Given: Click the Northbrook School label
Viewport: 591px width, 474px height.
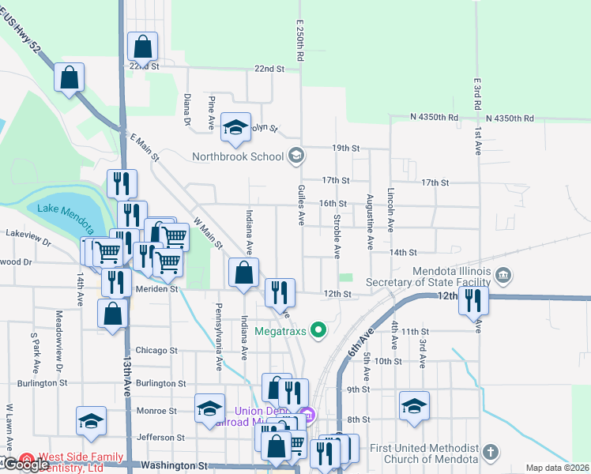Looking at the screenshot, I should (x=238, y=156).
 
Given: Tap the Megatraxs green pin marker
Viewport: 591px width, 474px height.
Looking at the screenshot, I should (x=318, y=329).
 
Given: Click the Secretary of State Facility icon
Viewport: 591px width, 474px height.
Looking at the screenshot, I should (x=504, y=275).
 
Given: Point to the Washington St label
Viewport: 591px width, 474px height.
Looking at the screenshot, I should (x=174, y=466).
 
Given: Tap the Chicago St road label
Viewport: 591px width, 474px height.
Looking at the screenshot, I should (x=156, y=350).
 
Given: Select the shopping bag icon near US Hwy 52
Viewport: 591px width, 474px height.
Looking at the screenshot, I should (x=70, y=77).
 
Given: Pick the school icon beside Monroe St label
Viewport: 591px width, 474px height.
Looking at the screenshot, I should (x=209, y=408).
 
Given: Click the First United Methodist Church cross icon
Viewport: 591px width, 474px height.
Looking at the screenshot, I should (x=490, y=453).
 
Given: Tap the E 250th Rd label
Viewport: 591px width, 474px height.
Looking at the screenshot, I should (x=300, y=42).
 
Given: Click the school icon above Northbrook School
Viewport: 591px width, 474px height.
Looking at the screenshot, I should (x=235, y=127).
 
